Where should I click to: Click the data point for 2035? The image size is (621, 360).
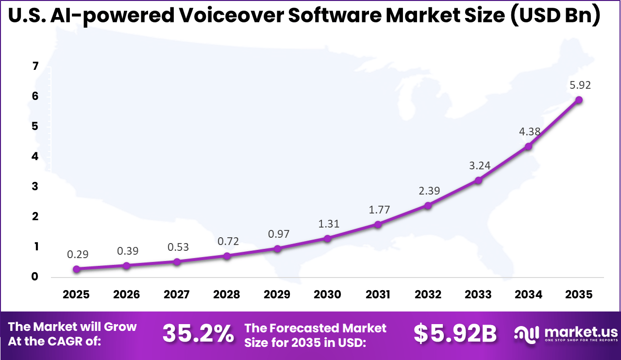(x=579, y=100)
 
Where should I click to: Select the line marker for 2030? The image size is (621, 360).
(x=327, y=239)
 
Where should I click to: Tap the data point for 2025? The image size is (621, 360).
(x=76, y=269)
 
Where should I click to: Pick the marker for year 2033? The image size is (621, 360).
(x=478, y=180)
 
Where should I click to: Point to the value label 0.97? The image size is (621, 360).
(x=278, y=234)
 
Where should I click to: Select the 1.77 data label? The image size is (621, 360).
(x=378, y=210)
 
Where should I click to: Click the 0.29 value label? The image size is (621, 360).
(x=77, y=254)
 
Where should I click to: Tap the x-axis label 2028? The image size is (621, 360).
(x=227, y=295)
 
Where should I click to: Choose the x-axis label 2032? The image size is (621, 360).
(x=428, y=295)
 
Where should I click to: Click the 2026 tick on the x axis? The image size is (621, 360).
(x=126, y=295)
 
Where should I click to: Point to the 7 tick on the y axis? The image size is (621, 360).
(x=35, y=66)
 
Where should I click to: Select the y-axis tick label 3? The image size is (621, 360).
(x=35, y=187)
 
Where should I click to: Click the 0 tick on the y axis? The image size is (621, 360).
(x=35, y=277)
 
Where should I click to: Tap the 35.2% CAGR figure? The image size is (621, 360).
(x=198, y=334)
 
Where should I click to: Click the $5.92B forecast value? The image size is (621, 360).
(x=455, y=334)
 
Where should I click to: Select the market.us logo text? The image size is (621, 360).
(x=581, y=332)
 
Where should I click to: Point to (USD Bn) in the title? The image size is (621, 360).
(x=554, y=16)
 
